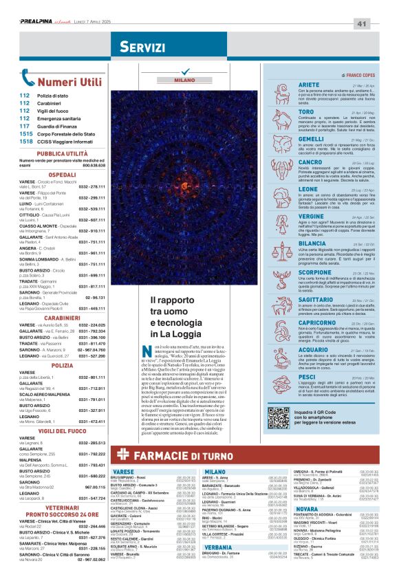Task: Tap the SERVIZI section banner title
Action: coord(142,47)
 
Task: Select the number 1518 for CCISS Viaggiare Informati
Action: coord(26,141)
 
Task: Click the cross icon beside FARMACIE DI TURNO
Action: coord(122,454)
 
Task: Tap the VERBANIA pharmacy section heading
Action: coord(218,547)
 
